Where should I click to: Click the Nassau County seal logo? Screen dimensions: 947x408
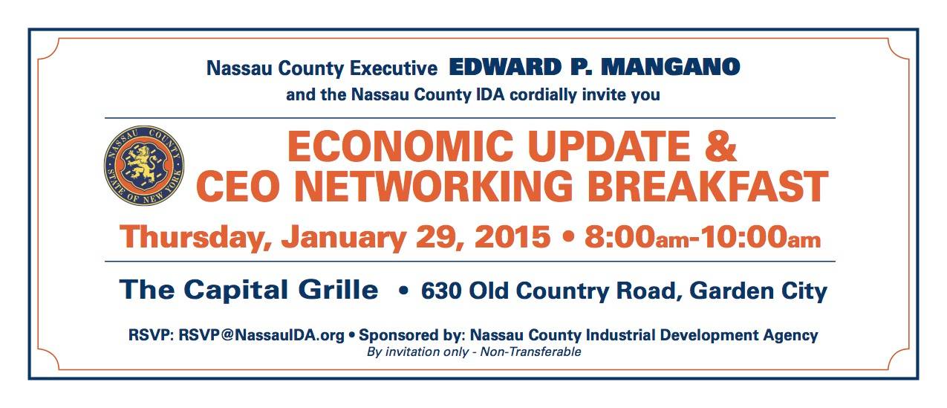[x=144, y=165]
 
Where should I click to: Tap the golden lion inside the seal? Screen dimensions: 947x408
[x=142, y=163]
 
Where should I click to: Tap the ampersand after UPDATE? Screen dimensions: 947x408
[x=720, y=146]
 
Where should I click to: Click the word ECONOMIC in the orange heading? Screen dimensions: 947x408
[x=400, y=146]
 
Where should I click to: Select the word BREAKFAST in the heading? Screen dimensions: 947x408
[x=708, y=187]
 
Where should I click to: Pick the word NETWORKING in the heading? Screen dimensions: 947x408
[x=433, y=187]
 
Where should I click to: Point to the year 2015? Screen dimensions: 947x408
[x=512, y=237]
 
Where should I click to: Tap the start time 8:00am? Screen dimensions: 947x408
[x=637, y=237]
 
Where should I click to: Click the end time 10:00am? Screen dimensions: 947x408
[x=761, y=237]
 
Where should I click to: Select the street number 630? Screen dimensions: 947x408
[x=441, y=291]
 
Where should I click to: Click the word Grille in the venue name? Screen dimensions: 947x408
[x=338, y=290]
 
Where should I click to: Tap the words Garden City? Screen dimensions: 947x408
[x=758, y=292]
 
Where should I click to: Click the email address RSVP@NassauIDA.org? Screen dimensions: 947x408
[x=261, y=335]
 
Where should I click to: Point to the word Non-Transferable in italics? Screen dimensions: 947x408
[x=530, y=352]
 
